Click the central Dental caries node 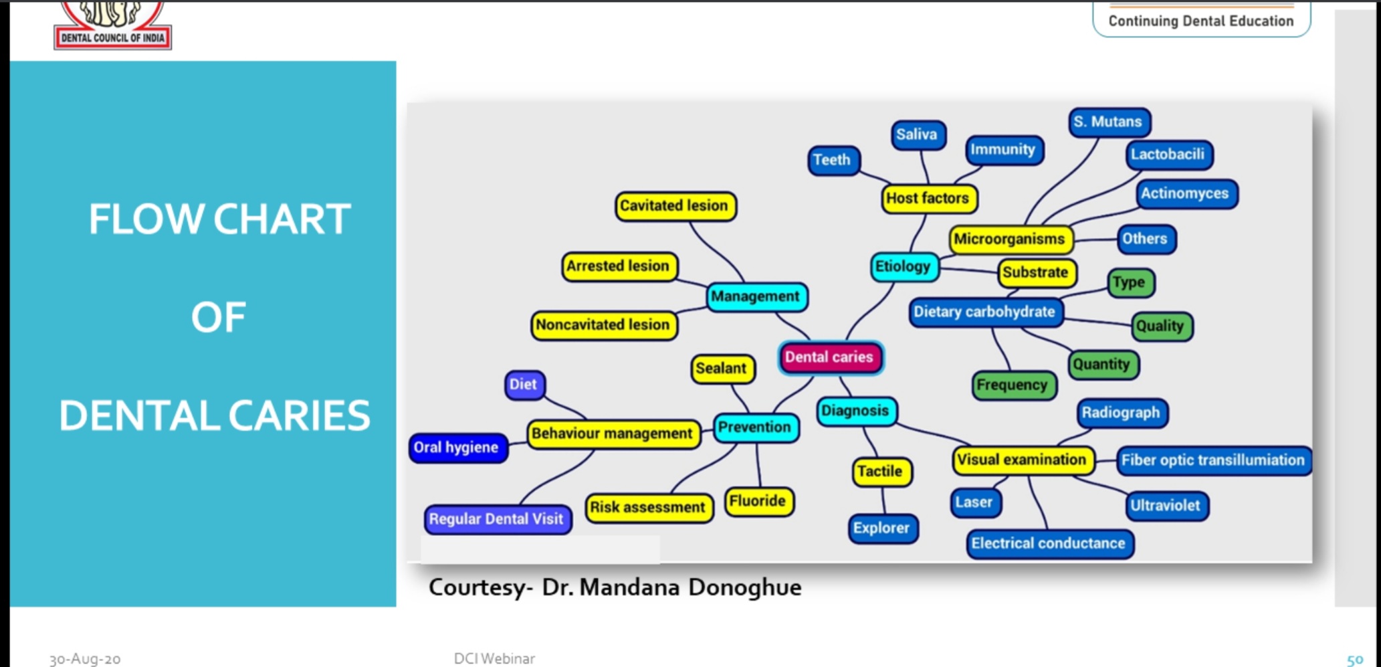click(x=829, y=357)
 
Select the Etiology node click(x=903, y=266)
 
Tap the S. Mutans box click(x=1108, y=122)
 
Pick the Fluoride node click(x=758, y=501)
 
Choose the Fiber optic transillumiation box click(x=1212, y=460)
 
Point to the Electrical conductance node click(x=1049, y=543)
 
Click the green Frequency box click(x=1012, y=385)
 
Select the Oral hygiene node click(x=456, y=448)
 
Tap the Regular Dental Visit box click(x=496, y=519)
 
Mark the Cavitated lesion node click(x=674, y=205)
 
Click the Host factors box click(x=928, y=198)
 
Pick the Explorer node click(x=881, y=528)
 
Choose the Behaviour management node click(x=612, y=434)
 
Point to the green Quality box click(x=1160, y=326)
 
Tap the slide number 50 click(x=1355, y=660)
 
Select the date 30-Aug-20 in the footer click(x=85, y=659)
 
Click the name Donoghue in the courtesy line click(x=744, y=587)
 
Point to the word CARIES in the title click(x=299, y=415)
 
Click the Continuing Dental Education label click(x=1201, y=21)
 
